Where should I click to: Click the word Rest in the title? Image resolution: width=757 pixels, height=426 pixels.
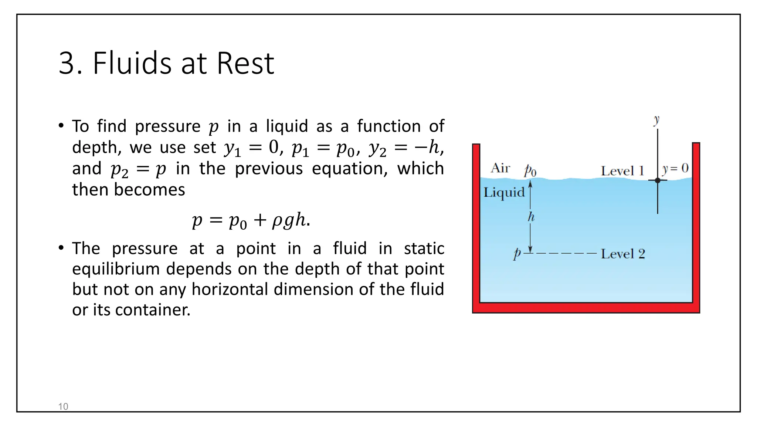245,63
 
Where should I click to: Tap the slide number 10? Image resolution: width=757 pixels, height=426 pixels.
63,406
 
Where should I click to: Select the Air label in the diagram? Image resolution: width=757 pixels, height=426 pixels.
500,168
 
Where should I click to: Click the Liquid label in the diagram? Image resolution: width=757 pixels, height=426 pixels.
504,193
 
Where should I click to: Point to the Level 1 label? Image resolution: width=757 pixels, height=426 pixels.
622,171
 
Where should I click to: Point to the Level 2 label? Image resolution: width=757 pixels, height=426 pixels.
623,254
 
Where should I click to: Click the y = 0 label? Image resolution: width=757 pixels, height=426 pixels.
675,169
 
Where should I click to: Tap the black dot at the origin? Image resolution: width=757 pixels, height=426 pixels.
658,180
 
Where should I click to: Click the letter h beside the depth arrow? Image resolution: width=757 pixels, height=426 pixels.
531,217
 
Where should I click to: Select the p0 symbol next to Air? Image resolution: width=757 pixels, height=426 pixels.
530,171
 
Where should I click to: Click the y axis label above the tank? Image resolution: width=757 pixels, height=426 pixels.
656,120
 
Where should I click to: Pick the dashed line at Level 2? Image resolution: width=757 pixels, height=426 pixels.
566,253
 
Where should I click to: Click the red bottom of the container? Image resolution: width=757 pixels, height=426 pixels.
586,308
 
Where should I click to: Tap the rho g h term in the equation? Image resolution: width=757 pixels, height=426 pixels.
289,220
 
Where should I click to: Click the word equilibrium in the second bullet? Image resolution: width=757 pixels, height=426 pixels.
116,269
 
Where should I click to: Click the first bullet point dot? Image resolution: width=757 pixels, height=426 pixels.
61,125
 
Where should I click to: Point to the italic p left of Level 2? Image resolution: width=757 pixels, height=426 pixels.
517,253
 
